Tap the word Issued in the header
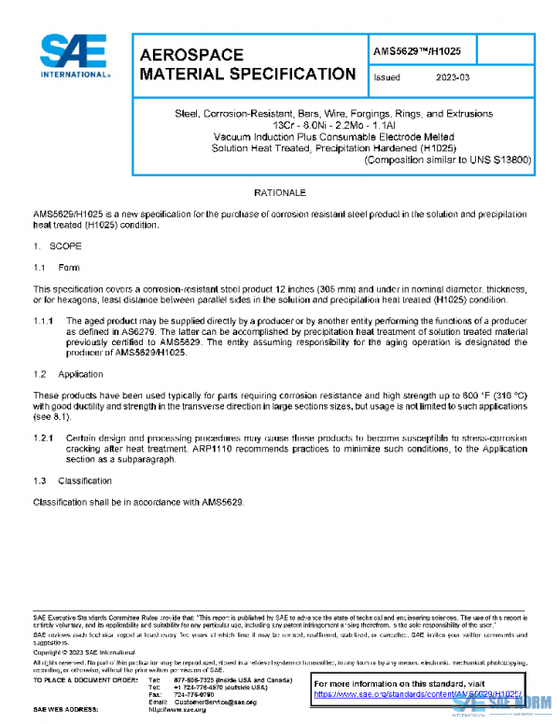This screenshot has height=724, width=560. coord(386,78)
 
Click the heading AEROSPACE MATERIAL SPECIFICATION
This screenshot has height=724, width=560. coord(246,64)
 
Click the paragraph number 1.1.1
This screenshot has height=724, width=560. coord(44,321)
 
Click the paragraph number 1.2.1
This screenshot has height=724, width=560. coord(44,438)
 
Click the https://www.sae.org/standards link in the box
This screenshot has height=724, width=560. coord(411,694)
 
